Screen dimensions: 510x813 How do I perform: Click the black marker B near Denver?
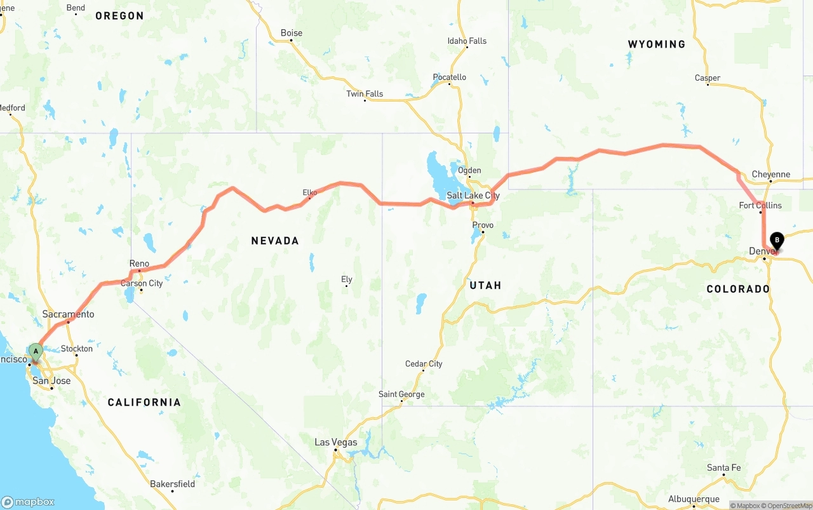[777, 241]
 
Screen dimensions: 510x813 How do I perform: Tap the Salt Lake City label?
[473, 196]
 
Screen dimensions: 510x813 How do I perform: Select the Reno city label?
[139, 264]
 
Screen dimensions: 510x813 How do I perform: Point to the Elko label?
[310, 192]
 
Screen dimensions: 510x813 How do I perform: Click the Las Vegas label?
[336, 442]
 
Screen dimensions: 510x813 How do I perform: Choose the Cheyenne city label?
[770, 174]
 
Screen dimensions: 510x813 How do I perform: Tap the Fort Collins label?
[760, 205]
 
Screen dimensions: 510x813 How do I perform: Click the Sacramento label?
[68, 314]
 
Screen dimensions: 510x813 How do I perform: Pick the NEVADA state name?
[274, 241]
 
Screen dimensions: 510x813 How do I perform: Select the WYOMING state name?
[657, 44]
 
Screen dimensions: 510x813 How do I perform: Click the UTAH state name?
[485, 286]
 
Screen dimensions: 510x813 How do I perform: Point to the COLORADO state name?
[738, 289]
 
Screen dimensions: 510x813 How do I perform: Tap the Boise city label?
[292, 33]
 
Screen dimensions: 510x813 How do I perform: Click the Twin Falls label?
[365, 94]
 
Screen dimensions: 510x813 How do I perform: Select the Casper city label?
[707, 78]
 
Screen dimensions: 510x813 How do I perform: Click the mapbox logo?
[28, 502]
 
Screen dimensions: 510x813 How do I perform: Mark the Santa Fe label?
[723, 468]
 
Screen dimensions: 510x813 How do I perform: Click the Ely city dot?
[346, 286]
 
